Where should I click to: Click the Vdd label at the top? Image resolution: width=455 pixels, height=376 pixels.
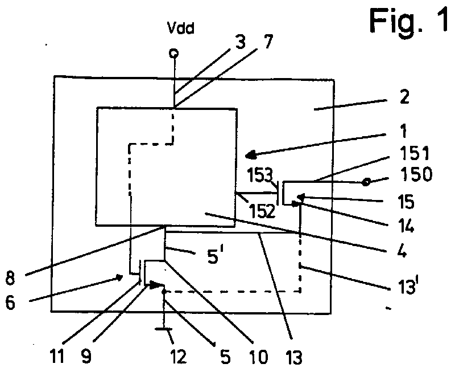(x=180, y=28)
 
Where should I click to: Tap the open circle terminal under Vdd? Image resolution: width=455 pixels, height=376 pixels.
(x=174, y=54)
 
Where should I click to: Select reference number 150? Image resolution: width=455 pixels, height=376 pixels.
(x=416, y=174)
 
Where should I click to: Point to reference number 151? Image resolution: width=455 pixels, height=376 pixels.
(x=415, y=153)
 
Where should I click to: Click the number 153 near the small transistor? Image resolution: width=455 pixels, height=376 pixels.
(x=260, y=175)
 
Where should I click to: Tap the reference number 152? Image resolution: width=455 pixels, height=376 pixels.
(x=262, y=211)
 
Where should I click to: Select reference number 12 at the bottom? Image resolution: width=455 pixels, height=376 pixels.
(x=178, y=357)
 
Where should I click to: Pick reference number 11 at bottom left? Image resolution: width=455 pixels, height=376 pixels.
(x=57, y=356)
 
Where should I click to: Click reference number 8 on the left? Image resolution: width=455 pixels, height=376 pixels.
(x=10, y=278)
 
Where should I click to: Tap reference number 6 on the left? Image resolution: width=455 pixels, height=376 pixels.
(x=10, y=303)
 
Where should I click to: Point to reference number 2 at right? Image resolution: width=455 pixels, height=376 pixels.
(x=404, y=97)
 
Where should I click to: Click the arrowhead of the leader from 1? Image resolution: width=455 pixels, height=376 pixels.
(x=250, y=156)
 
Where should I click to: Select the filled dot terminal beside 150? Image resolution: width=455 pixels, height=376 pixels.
(x=366, y=182)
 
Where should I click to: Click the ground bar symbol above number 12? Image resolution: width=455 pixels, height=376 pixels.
(x=164, y=329)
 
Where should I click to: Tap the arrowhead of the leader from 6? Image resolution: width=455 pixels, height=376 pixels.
(x=119, y=277)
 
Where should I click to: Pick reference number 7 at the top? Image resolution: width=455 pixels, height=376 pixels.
(x=268, y=42)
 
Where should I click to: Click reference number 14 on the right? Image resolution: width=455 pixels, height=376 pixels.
(x=406, y=226)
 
